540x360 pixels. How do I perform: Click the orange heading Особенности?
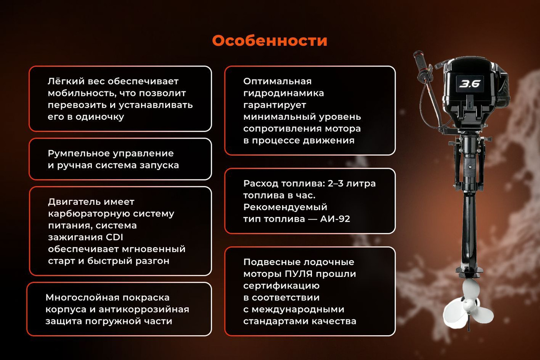[270, 40]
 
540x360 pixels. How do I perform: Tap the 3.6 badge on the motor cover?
[470, 84]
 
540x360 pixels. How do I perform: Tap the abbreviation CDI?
[114, 237]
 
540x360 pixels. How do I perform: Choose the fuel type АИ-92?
[335, 219]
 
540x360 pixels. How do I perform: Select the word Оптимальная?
[277, 81]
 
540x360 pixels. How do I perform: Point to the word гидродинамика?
[283, 93]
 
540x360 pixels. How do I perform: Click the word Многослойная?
[82, 297]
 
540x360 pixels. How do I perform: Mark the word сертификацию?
[281, 286]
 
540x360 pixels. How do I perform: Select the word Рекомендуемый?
[285, 207]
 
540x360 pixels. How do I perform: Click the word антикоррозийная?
[144, 309]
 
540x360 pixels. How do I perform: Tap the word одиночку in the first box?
[99, 117]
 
